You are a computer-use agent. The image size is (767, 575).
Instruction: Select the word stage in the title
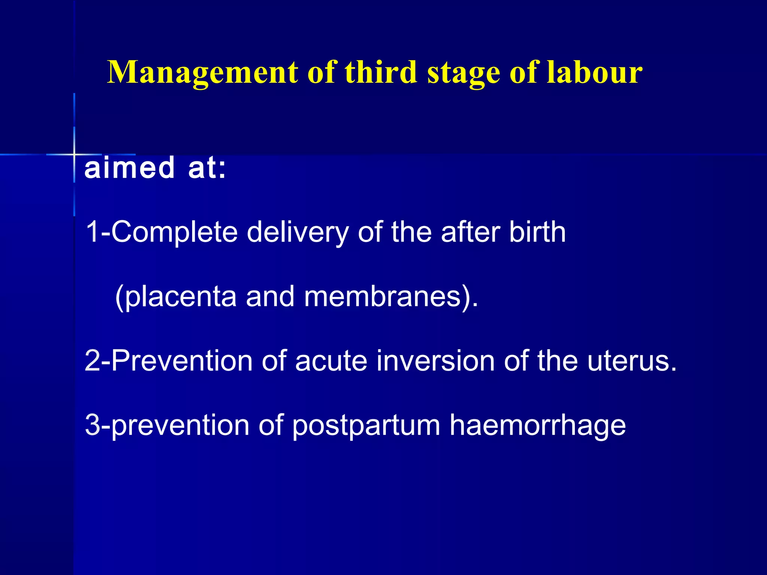point(464,73)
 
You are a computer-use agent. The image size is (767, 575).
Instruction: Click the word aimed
point(130,167)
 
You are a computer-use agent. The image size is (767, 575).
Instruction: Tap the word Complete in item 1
point(175,232)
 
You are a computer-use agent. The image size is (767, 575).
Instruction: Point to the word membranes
point(382,296)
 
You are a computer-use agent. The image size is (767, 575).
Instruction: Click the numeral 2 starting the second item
point(92,360)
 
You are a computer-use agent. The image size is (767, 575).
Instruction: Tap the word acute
point(331,361)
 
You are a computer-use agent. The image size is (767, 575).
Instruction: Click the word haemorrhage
point(537,426)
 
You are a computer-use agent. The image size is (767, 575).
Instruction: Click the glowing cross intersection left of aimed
point(74,154)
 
